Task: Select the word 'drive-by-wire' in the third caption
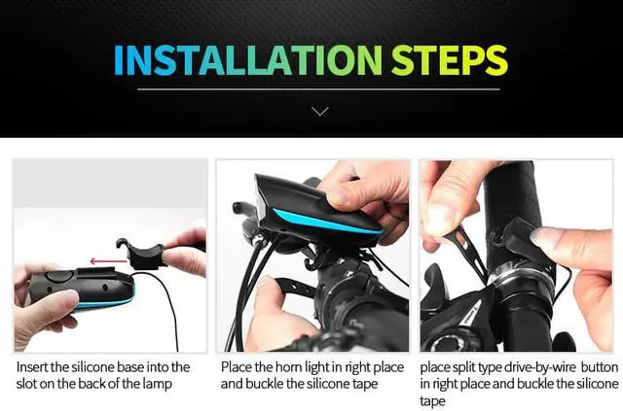523,367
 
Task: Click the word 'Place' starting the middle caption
237,367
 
